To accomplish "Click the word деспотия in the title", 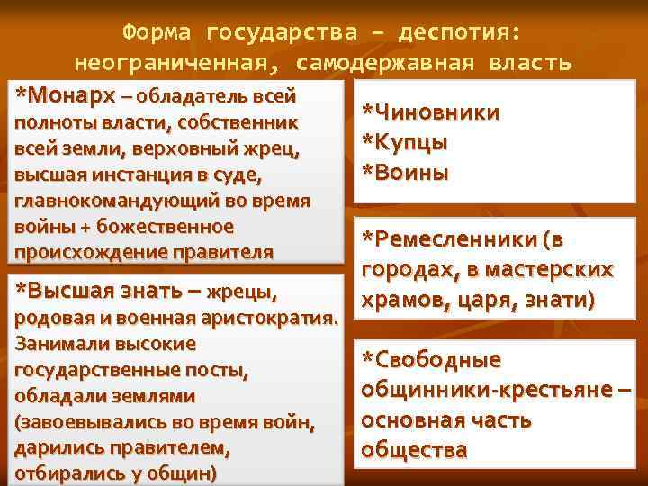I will [x=460, y=33].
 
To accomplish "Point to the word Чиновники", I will [x=430, y=112].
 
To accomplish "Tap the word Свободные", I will [x=430, y=360].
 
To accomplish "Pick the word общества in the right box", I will [x=413, y=449].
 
